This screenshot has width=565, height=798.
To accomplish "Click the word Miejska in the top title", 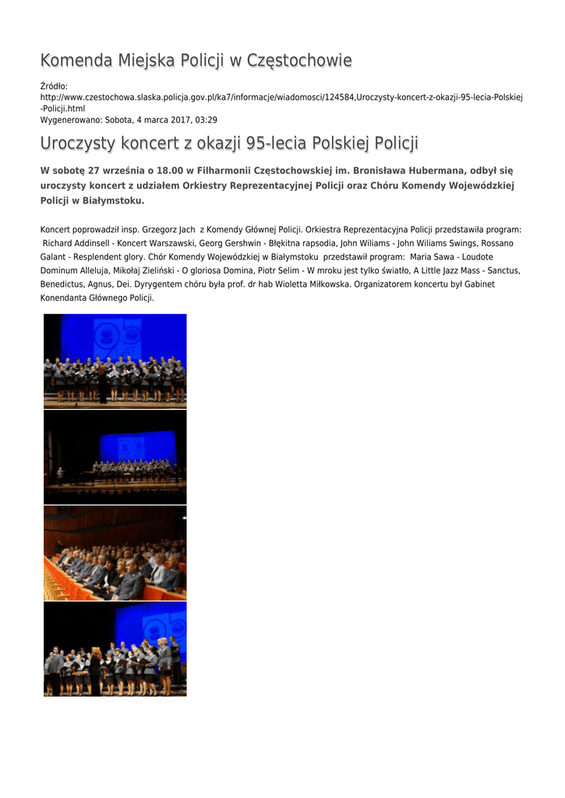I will click(146, 60).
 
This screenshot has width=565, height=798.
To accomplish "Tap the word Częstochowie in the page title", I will click(299, 60).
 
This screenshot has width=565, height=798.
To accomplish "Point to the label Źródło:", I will click(54, 86).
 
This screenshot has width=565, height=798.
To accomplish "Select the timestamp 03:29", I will click(204, 120).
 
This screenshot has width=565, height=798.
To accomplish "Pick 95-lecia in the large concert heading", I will click(276, 143).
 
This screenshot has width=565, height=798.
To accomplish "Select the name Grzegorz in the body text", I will click(161, 230).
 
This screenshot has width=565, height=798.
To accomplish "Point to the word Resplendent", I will click(102, 256).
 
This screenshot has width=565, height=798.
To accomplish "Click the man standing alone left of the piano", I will click(60, 474).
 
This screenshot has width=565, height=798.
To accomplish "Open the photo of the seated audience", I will click(115, 553).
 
